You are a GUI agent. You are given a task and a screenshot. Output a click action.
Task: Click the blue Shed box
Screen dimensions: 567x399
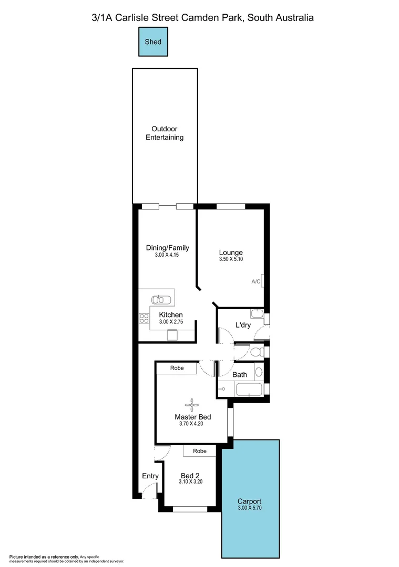(154, 41)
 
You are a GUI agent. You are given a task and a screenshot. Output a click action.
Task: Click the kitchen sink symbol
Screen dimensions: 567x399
(162, 300)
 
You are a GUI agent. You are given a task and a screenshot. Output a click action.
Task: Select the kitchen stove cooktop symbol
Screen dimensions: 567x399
(144, 318)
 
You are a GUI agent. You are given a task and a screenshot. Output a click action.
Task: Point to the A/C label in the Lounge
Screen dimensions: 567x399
(256, 282)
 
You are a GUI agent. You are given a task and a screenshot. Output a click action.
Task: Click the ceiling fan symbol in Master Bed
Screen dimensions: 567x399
(192, 404)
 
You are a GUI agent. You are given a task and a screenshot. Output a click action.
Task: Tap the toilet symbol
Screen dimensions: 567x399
(255, 351)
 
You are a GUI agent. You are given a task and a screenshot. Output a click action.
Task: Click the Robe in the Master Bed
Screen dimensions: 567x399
(177, 368)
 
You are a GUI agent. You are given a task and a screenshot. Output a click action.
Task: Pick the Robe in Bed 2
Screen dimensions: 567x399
(199, 450)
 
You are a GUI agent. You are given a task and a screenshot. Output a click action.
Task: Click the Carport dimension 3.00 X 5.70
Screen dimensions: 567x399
(249, 508)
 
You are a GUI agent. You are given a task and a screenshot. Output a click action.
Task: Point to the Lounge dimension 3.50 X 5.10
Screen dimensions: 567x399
(231, 259)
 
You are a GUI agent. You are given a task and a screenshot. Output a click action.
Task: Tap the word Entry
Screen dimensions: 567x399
(150, 476)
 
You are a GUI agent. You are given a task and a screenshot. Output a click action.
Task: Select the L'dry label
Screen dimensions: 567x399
(243, 325)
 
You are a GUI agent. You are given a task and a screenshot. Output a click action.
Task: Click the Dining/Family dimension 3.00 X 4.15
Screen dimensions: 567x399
(167, 255)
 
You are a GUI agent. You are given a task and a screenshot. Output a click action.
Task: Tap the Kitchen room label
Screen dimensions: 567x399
(171, 315)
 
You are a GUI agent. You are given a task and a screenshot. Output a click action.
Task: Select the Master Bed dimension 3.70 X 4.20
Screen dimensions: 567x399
(192, 424)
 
